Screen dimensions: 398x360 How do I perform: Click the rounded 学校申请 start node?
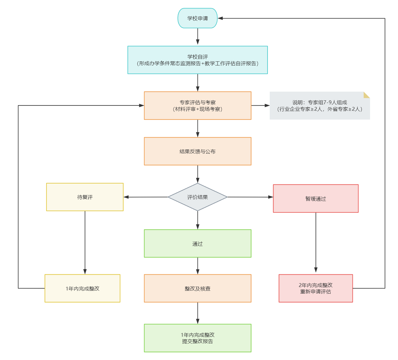click(x=197, y=18)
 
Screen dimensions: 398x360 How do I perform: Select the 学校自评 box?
click(x=197, y=60)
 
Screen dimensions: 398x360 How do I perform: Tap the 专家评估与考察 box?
click(x=197, y=105)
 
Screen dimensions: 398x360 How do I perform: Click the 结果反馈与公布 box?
click(x=197, y=151)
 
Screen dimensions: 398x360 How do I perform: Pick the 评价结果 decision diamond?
click(x=197, y=197)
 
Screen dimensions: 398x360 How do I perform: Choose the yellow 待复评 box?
click(x=85, y=197)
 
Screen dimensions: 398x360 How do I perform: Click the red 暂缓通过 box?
click(x=316, y=199)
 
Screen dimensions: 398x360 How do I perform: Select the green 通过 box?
click(x=197, y=243)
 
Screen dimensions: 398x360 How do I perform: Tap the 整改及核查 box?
click(x=197, y=288)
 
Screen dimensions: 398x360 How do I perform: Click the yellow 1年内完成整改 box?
click(x=82, y=288)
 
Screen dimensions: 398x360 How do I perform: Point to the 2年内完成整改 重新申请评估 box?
click(x=316, y=288)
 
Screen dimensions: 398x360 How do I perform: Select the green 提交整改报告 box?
click(x=197, y=338)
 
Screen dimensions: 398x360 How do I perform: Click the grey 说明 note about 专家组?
click(x=320, y=105)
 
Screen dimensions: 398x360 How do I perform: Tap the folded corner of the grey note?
click(x=367, y=95)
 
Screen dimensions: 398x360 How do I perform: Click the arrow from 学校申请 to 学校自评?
click(x=198, y=37)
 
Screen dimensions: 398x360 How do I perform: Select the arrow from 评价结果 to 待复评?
click(x=146, y=197)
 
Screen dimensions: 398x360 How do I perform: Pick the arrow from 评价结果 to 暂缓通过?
click(x=250, y=197)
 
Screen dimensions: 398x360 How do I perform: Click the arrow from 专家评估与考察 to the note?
click(x=261, y=105)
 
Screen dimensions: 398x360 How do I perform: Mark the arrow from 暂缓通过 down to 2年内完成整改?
click(x=316, y=242)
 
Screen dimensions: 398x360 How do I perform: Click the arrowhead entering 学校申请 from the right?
click(x=220, y=18)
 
